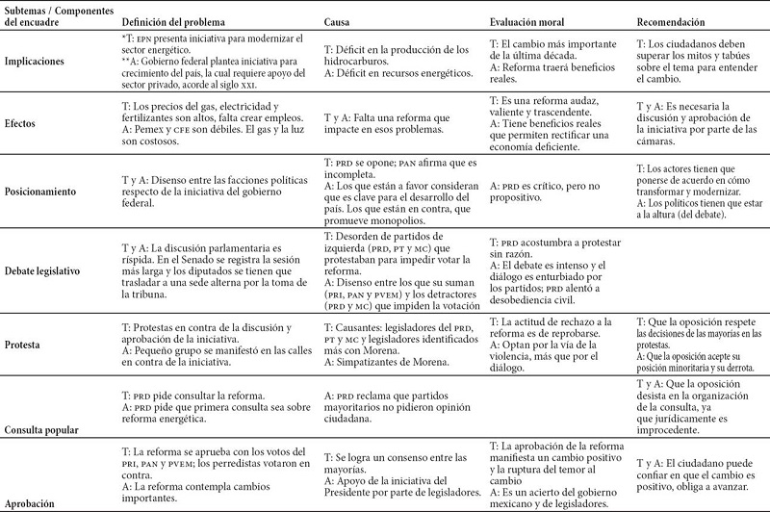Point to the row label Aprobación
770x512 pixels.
pos(35,502)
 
